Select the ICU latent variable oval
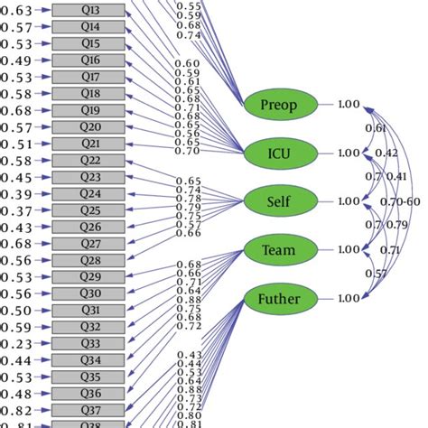pos(281,153)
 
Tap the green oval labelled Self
pos(281,200)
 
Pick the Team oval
pos(281,249)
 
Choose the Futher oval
pos(281,297)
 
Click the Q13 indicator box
pos(90,11)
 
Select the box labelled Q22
pos(90,160)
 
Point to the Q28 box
pos(90,260)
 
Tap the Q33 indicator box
pos(90,343)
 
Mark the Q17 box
pos(90,77)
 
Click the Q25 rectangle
pos(90,210)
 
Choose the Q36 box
pos(90,393)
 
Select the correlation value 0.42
pos(386,153)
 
